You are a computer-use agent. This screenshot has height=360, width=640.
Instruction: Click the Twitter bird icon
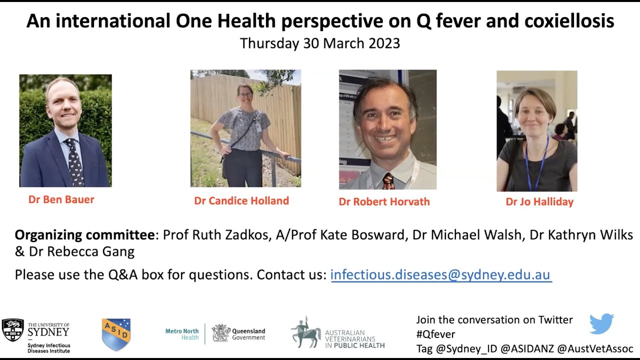click(x=601, y=323)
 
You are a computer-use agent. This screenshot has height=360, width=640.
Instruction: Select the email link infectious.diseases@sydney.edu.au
click(x=440, y=274)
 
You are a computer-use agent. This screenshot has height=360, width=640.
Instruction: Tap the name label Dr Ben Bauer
click(x=61, y=199)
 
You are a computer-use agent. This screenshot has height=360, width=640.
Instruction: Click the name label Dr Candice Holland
click(x=241, y=200)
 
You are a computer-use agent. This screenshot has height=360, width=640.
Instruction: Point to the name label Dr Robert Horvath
click(x=384, y=201)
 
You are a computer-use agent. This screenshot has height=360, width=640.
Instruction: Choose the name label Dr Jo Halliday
click(x=539, y=201)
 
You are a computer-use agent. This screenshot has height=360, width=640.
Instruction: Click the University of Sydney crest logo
click(x=12, y=330)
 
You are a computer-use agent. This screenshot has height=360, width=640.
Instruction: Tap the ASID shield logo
click(x=116, y=334)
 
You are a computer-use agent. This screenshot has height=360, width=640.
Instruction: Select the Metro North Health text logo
click(x=182, y=334)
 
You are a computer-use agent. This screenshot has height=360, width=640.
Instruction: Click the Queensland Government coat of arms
click(x=220, y=333)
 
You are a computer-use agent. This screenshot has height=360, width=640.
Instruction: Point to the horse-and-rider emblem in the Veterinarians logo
click(x=305, y=332)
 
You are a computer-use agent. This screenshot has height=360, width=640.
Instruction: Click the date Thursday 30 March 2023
click(x=320, y=43)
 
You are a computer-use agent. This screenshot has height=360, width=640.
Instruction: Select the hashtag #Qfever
click(x=435, y=334)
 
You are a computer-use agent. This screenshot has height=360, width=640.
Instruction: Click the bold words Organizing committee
click(x=84, y=235)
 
